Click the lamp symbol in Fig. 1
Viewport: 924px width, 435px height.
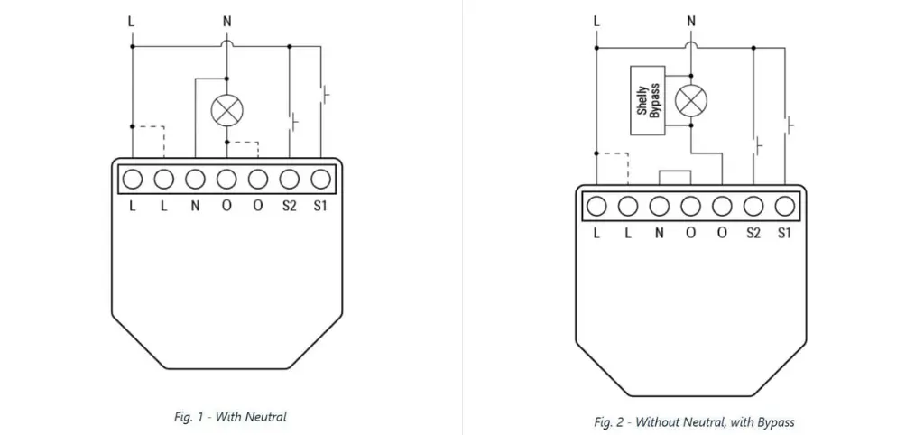[x=226, y=111]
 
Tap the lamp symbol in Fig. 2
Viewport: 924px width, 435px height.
[x=691, y=99]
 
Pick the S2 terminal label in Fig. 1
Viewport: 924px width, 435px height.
[x=289, y=206]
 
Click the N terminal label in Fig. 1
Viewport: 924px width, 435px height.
[x=195, y=206]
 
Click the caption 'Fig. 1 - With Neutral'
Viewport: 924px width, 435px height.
[x=230, y=416]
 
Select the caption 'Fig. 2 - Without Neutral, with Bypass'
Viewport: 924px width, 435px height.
[x=694, y=421]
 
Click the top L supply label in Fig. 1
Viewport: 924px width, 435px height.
[x=133, y=20]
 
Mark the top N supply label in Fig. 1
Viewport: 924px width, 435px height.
[x=226, y=20]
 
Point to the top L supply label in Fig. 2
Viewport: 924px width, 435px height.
[x=596, y=20]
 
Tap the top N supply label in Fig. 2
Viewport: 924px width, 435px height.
[x=691, y=20]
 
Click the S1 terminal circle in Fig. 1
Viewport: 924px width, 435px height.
[x=320, y=178]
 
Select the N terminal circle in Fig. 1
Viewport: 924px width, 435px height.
[x=195, y=178]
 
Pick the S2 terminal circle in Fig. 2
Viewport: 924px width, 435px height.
[x=753, y=207]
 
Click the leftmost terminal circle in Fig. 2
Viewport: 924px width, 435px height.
[x=596, y=207]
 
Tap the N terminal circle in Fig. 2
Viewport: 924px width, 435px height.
[x=660, y=207]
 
